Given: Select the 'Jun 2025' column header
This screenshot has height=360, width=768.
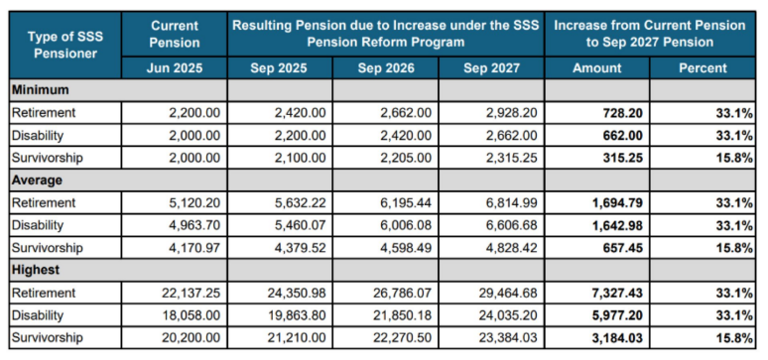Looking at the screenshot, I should [175, 69].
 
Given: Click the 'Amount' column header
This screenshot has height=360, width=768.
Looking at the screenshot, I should [597, 69].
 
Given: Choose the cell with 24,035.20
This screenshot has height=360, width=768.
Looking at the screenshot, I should [507, 316].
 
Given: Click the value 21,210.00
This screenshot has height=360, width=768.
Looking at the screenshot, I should [297, 338].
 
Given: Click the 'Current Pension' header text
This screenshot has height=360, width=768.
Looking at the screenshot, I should [175, 33].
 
